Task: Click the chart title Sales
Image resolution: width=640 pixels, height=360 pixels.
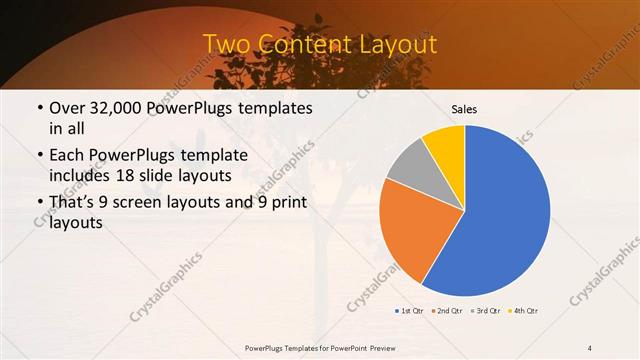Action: [465, 108]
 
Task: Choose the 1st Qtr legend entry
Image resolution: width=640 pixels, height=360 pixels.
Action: [410, 311]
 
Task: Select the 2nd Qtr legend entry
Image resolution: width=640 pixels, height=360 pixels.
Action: [448, 311]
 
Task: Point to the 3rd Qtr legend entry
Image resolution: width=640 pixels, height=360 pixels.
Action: [487, 311]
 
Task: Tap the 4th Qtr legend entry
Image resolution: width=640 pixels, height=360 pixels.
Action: [525, 311]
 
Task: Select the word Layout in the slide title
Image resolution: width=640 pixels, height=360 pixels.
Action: [400, 45]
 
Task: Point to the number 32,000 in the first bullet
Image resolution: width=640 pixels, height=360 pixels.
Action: [117, 108]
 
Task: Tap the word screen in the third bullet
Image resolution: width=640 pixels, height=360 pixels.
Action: [136, 203]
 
